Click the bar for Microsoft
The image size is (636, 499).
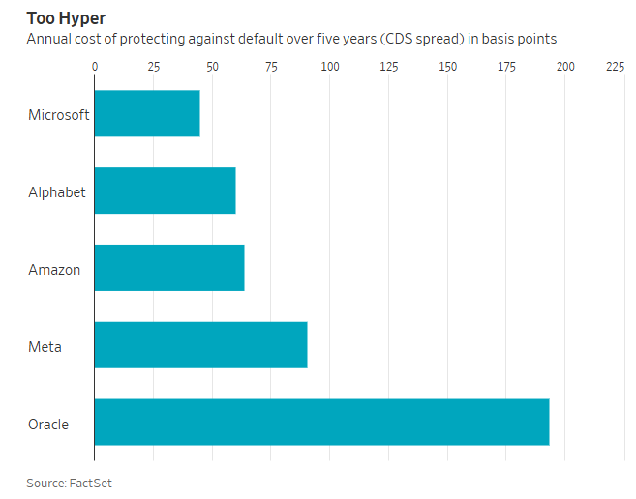pyautogui.click(x=147, y=113)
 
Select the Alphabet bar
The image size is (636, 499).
pyautogui.click(x=166, y=191)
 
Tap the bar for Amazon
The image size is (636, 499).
pyautogui.click(x=169, y=268)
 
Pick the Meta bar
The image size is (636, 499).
pyautogui.click(x=201, y=345)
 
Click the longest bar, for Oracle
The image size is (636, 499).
pyautogui.click(x=322, y=422)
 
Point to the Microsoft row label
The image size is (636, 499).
pyautogui.click(x=59, y=115)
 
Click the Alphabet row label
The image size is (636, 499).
pyautogui.click(x=57, y=192)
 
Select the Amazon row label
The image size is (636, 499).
pyautogui.click(x=54, y=270)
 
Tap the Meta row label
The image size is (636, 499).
pyautogui.click(x=45, y=347)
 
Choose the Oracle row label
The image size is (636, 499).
pyautogui.click(x=48, y=425)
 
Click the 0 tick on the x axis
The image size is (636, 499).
pyautogui.click(x=95, y=67)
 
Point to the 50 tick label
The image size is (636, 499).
pyautogui.click(x=212, y=67)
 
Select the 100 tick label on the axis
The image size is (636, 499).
pyautogui.click(x=330, y=67)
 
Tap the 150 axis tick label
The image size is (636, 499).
pyautogui.click(x=447, y=67)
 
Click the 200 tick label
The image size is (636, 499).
pyautogui.click(x=565, y=67)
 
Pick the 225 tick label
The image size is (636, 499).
pyautogui.click(x=615, y=67)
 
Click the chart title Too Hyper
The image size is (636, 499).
pyautogui.click(x=66, y=18)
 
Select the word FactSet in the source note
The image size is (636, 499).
pyautogui.click(x=90, y=484)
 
